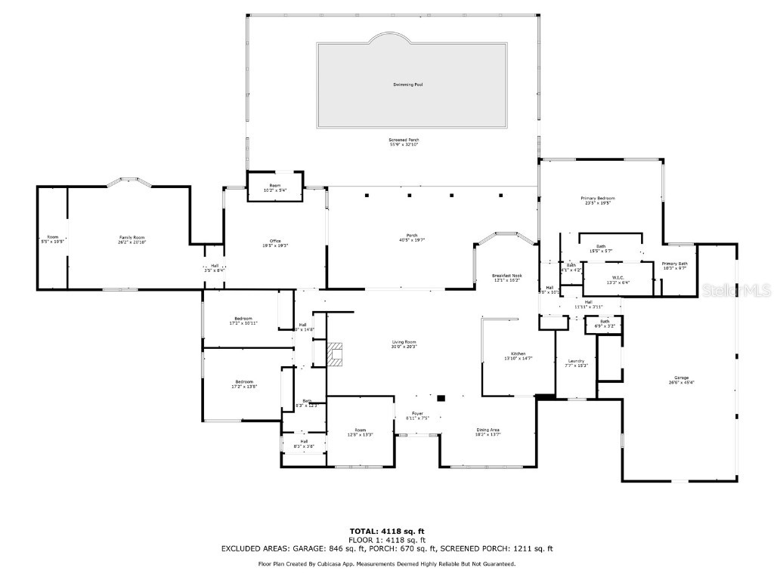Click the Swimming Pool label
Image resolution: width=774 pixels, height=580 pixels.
tap(407, 85)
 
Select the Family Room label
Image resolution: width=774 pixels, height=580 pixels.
tap(132, 238)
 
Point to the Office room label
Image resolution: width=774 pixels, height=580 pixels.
tap(254, 241)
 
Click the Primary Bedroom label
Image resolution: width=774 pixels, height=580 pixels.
tap(597, 199)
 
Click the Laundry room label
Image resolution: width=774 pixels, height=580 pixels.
tap(576, 361)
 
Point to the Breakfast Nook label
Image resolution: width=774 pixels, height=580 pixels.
tap(506, 276)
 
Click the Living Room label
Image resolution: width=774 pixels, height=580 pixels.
tap(404, 342)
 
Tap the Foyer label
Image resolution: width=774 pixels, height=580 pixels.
tap(417, 413)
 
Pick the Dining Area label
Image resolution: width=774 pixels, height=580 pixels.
tap(488, 430)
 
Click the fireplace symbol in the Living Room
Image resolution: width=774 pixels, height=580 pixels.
tap(335, 353)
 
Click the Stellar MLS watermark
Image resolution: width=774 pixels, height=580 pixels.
tap(745, 290)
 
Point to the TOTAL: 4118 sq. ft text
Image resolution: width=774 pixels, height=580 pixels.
tap(386, 531)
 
